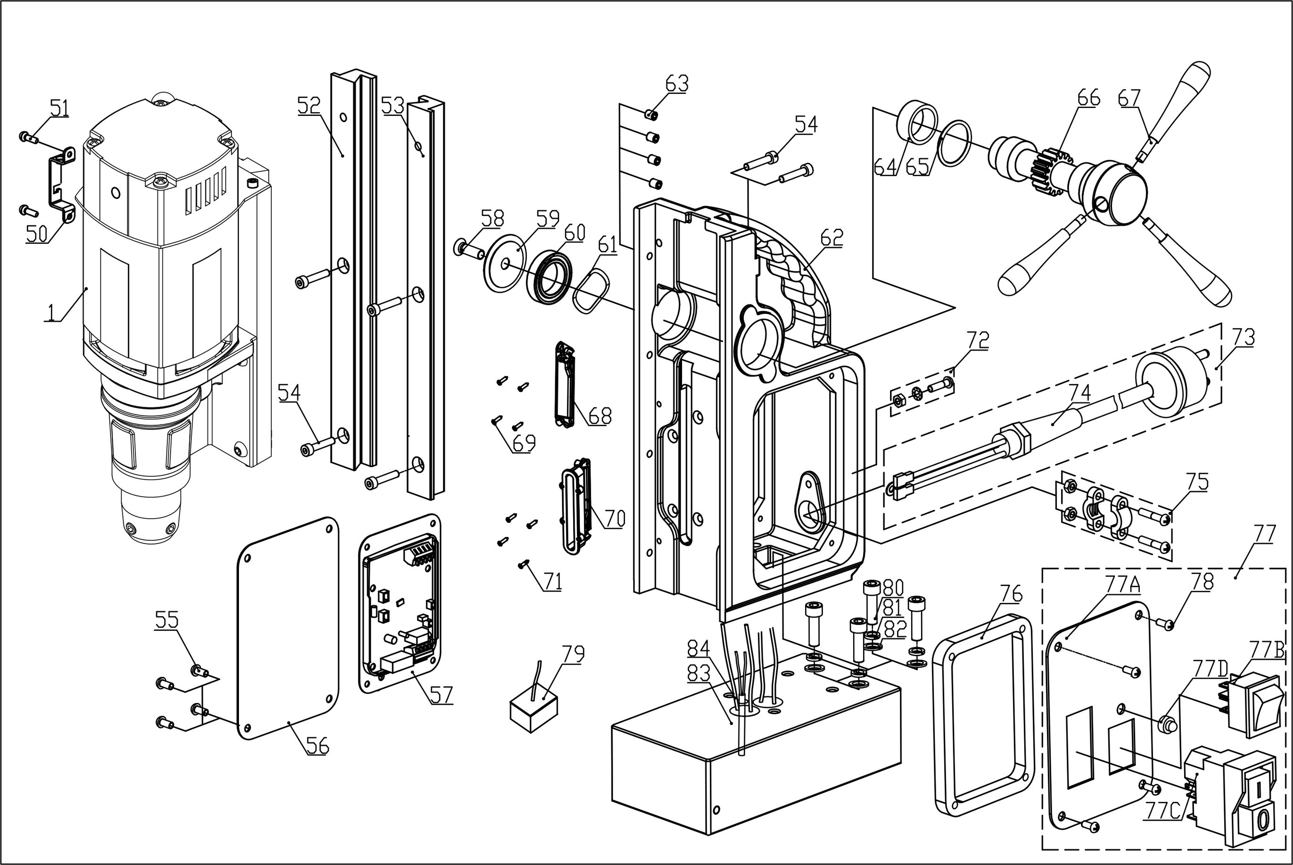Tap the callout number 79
(x=573, y=654)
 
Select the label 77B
(x=1266, y=651)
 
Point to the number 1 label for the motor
(x=51, y=312)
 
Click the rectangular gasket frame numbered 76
(x=982, y=715)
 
